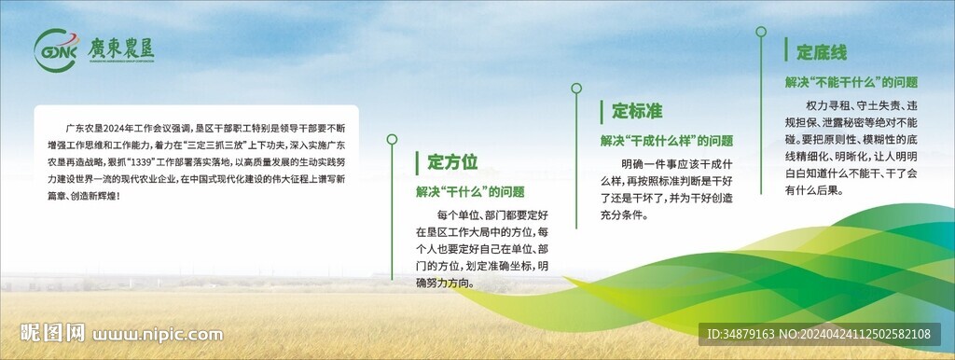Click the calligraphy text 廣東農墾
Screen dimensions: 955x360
coord(120,48)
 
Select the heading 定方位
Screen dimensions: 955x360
coord(452,162)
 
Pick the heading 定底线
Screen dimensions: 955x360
coord(822,52)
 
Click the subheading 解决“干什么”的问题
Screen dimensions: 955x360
coord(470,192)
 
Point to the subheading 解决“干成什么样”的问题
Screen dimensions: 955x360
coord(667,141)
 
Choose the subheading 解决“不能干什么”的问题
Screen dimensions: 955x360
coord(851,82)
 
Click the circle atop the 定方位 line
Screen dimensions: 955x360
coord(393,140)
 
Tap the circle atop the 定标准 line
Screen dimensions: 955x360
coord(576,89)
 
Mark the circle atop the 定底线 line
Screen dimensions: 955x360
coord(761,32)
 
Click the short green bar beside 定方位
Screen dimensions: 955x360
coord(417,163)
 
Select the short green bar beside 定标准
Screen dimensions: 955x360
coord(602,112)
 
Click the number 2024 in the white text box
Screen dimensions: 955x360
coord(113,129)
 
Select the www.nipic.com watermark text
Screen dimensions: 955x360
coord(158,335)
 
